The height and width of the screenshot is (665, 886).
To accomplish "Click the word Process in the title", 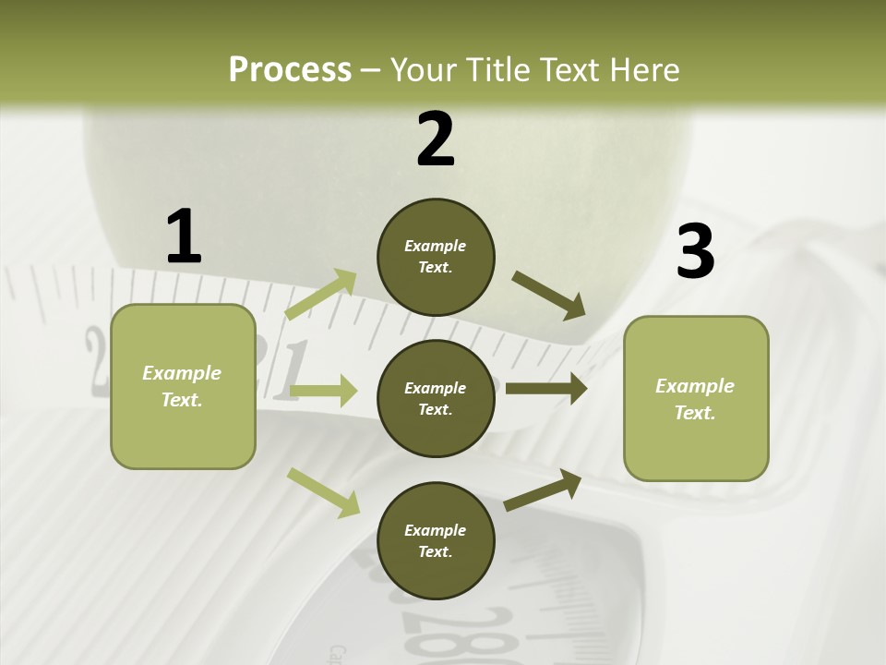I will [290, 69].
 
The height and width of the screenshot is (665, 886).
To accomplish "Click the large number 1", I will [184, 237].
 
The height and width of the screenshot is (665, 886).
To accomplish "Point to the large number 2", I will [436, 140].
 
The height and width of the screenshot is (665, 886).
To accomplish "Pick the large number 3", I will [695, 252].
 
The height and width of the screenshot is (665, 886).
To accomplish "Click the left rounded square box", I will [183, 386].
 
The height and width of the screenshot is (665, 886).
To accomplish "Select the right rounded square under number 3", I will [696, 398].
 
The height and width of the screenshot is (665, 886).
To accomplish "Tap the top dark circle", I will [436, 257].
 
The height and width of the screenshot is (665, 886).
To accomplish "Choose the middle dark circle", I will [436, 398].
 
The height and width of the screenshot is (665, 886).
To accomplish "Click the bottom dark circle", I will [436, 540].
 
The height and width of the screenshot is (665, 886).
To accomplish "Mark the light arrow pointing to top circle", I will [321, 295].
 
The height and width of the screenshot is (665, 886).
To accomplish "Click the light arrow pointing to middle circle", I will [323, 391].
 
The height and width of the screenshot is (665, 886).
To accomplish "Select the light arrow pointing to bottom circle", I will [323, 491].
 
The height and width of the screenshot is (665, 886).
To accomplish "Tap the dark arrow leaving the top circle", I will [548, 296].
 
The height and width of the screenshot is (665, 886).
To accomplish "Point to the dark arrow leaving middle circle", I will [546, 389].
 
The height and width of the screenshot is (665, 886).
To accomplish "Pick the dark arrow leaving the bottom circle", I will [543, 490].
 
